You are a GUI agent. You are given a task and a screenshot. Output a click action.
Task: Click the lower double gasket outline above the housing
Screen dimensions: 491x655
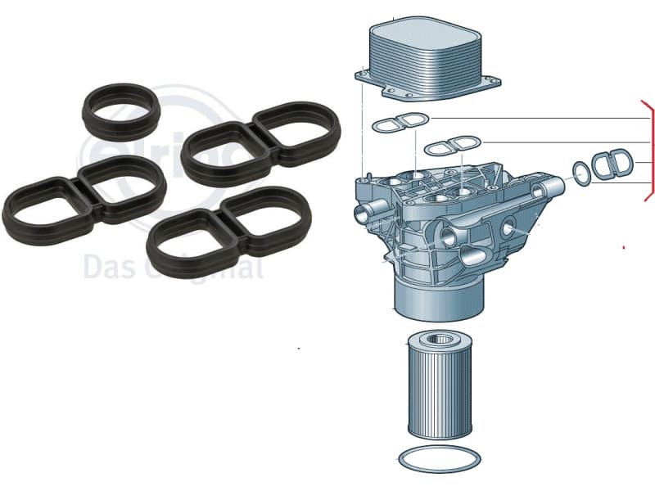[x=453, y=147]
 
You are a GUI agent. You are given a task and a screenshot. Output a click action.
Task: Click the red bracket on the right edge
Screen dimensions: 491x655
[x=651, y=151]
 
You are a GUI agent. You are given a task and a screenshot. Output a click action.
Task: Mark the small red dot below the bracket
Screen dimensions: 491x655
[x=625, y=246]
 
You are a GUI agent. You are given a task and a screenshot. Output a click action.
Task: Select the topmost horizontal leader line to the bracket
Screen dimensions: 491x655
[x=540, y=119]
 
